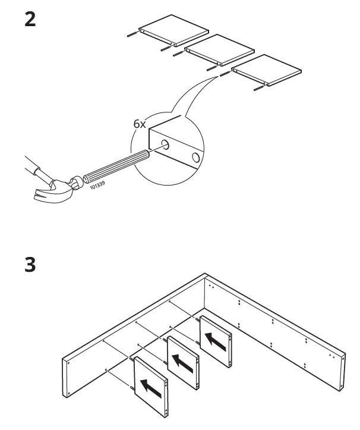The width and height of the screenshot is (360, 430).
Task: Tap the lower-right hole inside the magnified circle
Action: pos(194,158)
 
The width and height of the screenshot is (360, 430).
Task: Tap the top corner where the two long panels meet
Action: pos(205,275)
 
